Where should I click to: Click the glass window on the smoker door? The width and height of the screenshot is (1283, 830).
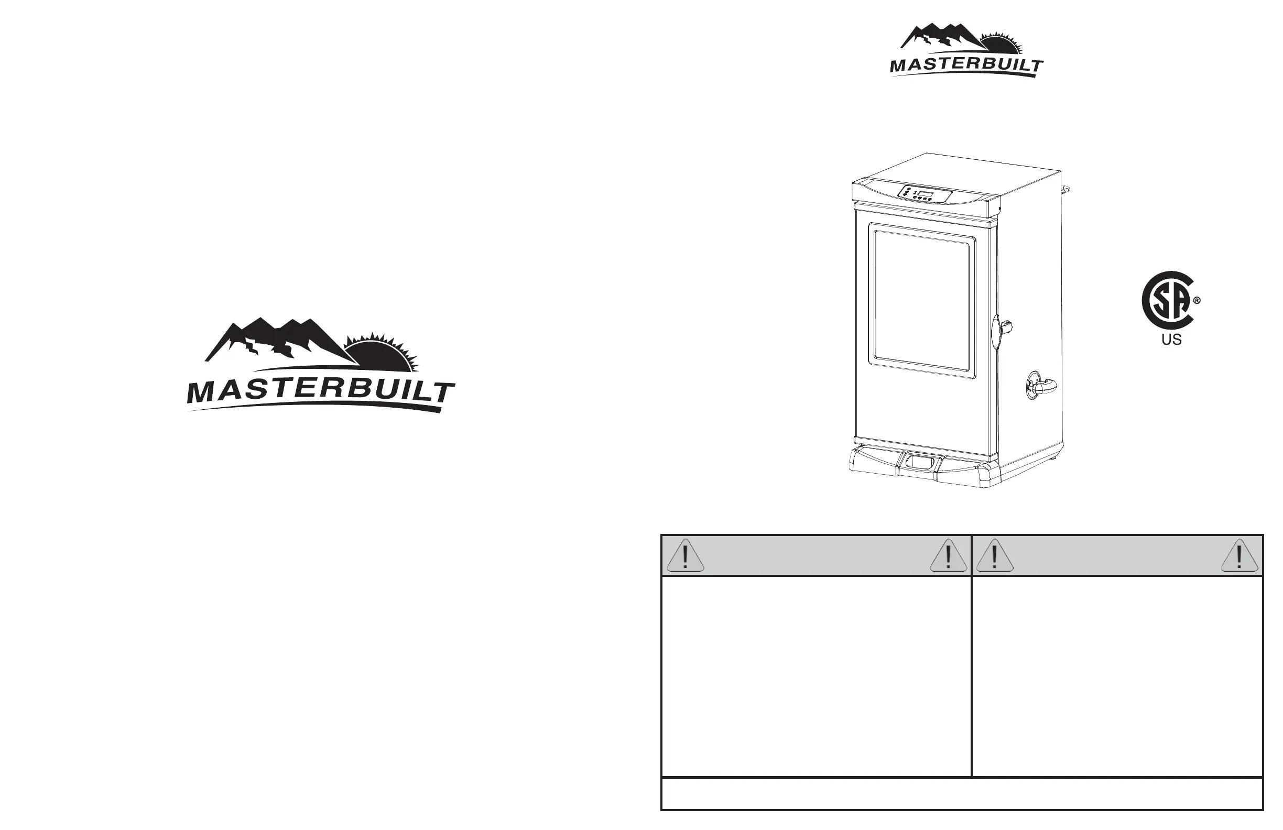pyautogui.click(x=924, y=302)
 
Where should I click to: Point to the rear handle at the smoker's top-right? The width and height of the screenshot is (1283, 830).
pyautogui.click(x=1065, y=190)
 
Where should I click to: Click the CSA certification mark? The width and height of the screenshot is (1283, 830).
pyautogui.click(x=1168, y=300)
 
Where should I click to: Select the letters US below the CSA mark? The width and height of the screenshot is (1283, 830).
pyautogui.click(x=1171, y=340)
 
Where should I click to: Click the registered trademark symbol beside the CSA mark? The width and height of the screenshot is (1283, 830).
pyautogui.click(x=1197, y=301)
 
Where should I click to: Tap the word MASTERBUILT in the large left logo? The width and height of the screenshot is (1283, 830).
pyautogui.click(x=320, y=391)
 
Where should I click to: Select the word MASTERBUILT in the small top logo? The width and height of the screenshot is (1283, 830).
pyautogui.click(x=966, y=65)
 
